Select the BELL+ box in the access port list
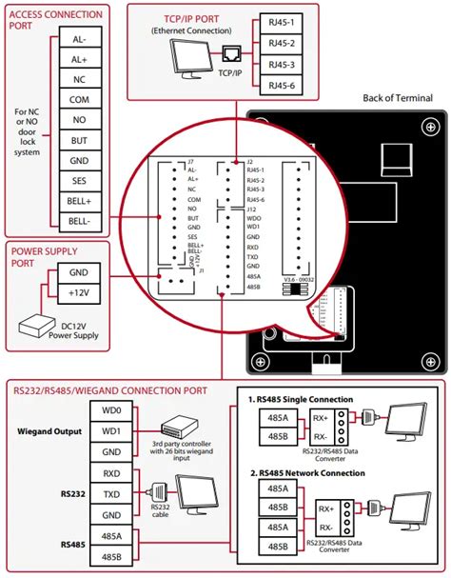pos(79,201)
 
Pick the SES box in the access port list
pos(79,181)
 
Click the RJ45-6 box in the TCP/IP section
pos(280,86)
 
